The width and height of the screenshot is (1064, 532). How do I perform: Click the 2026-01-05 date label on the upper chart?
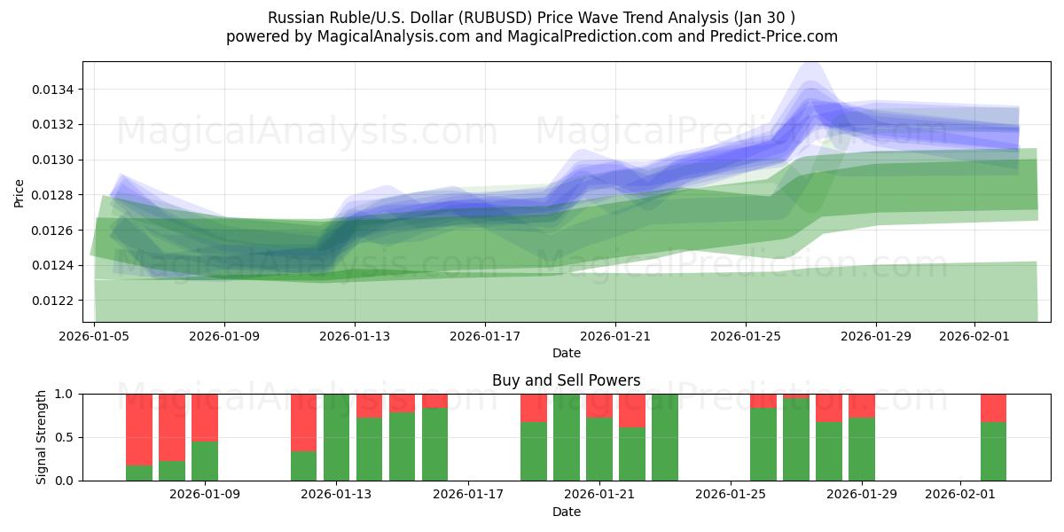tap(94, 336)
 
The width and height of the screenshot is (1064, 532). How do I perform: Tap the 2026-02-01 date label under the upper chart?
tap(974, 336)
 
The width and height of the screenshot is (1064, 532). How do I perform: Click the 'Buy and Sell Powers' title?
tap(566, 380)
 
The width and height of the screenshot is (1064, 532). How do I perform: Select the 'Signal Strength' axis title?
tap(42, 437)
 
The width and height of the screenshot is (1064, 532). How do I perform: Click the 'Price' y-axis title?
tap(20, 192)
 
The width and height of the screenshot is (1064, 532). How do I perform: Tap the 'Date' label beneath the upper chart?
tap(567, 353)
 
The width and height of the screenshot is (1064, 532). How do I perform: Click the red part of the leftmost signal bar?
tap(139, 429)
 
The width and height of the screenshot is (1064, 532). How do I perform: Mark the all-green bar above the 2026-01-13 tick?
tap(337, 437)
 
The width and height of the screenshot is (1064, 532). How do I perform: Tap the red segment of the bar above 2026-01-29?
tap(862, 405)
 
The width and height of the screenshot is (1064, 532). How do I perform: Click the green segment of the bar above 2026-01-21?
tap(599, 450)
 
